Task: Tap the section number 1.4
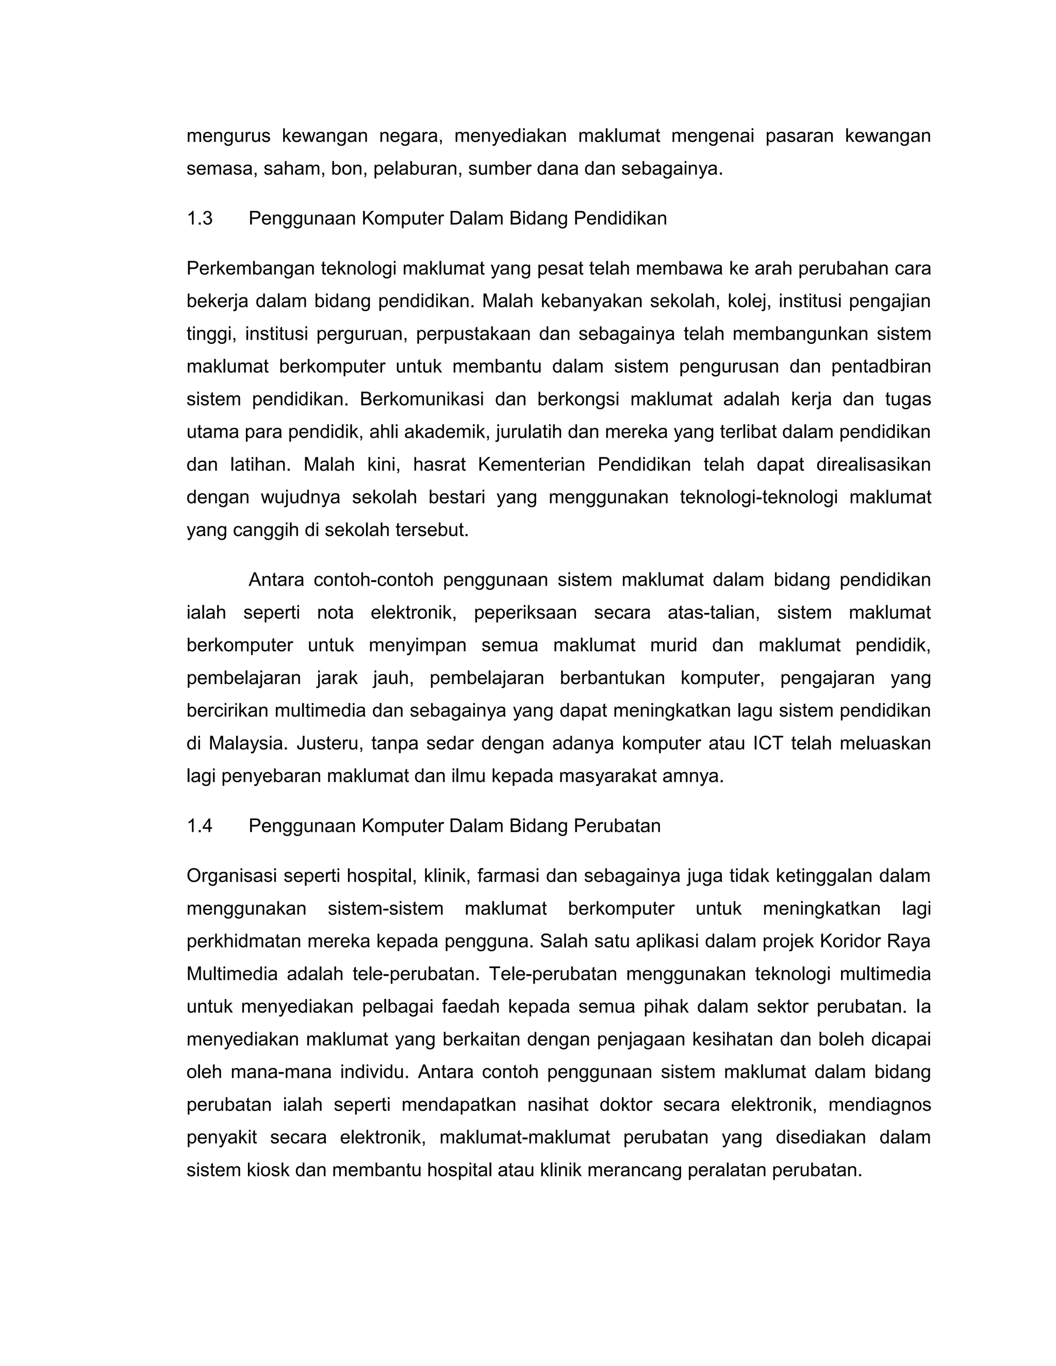click(200, 826)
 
